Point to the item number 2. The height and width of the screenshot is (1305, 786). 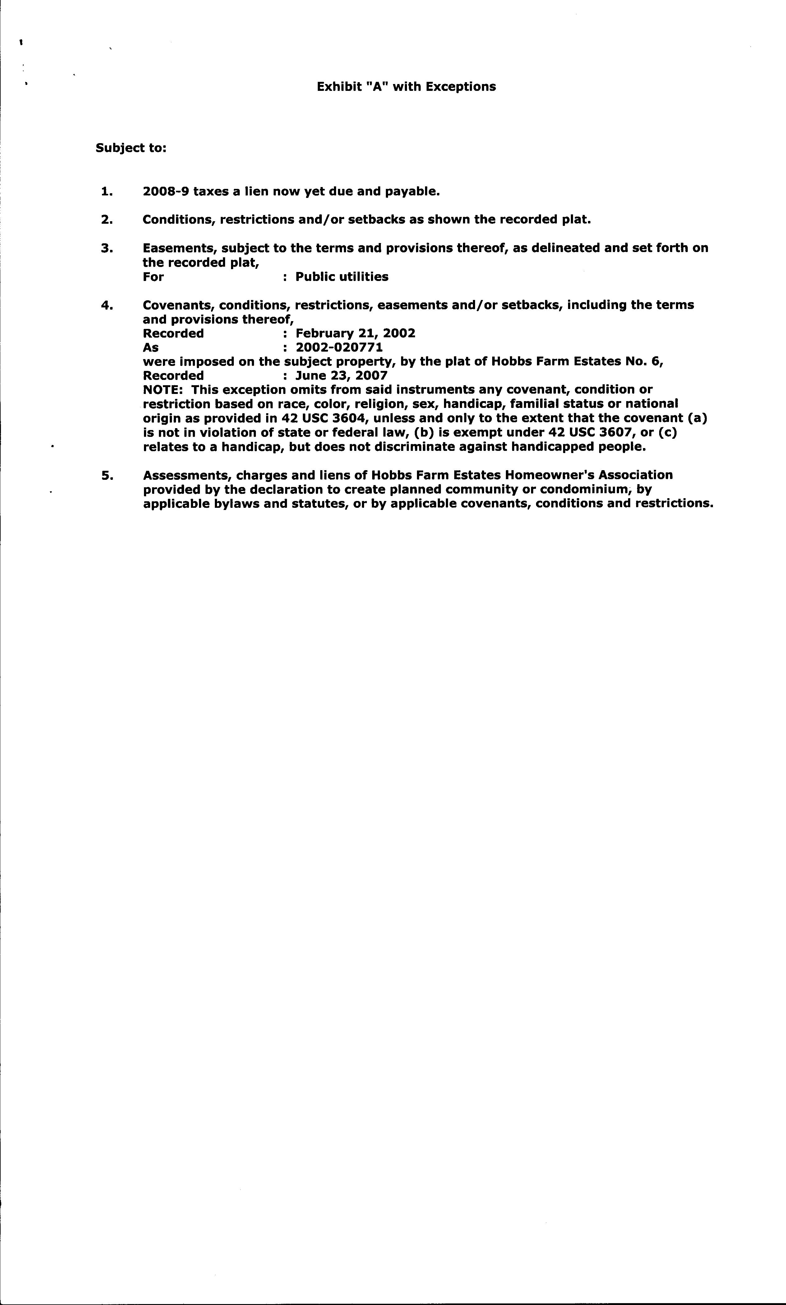[106, 219]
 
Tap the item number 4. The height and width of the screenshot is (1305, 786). [106, 305]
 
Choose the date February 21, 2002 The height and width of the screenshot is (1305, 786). [355, 333]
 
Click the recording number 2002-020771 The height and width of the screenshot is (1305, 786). [339, 348]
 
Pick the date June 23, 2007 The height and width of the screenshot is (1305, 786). [341, 376]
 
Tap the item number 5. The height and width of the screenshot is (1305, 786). [106, 475]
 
